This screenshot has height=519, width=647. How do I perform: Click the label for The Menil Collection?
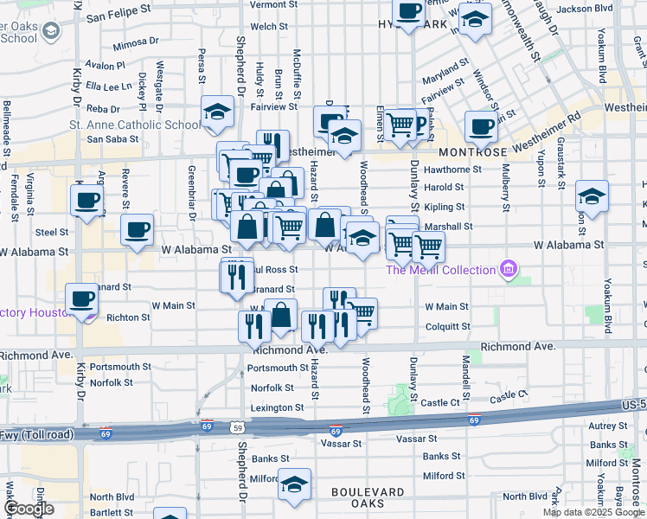440,270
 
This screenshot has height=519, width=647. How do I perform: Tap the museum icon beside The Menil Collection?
508,270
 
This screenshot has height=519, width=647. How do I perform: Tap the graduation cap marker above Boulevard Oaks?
294,484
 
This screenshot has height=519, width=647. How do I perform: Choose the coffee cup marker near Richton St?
82,299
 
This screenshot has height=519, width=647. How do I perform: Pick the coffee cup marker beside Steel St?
138,230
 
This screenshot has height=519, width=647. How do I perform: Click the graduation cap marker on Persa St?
218,112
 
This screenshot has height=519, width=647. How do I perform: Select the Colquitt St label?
447,327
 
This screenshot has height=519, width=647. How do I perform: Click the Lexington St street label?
277,407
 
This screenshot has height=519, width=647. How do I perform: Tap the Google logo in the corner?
29,509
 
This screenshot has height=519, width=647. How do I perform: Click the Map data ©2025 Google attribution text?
593,512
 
